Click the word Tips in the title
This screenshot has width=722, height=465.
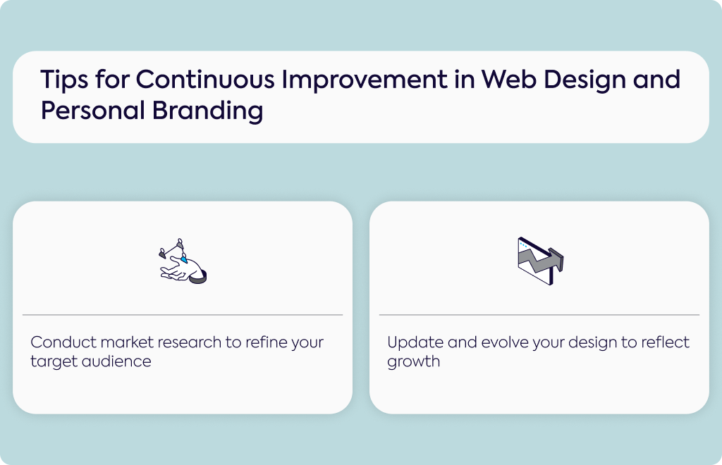pos(64,80)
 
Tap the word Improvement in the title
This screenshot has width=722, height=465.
pos(365,80)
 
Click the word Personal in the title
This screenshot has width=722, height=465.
pos(93,111)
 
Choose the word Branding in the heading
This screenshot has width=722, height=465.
pos(208,111)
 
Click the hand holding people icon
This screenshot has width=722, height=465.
pos(183,261)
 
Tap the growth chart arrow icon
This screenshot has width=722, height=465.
pos(540,261)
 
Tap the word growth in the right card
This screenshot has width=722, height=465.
pos(413,362)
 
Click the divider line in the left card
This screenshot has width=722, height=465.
pos(183,315)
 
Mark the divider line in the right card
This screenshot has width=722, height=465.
pos(539,315)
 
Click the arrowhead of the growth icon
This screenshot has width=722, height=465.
pos(557,259)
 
